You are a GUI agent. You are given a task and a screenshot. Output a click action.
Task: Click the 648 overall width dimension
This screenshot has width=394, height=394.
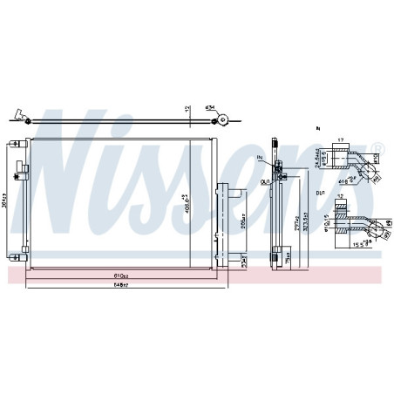(119, 286)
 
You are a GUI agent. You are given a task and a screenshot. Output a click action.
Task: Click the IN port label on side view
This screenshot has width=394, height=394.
(260, 157)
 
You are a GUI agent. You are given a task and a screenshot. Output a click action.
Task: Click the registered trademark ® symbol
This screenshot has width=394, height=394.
(377, 146)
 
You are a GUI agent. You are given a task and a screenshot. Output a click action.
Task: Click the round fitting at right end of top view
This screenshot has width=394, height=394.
(224, 120)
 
